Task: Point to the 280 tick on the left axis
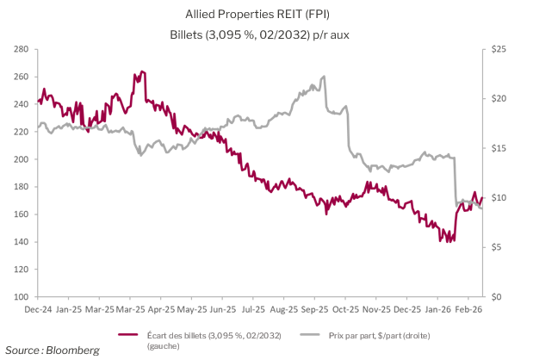[22, 49]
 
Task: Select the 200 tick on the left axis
[22, 159]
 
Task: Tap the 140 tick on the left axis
[22, 242]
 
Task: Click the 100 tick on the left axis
[22, 297]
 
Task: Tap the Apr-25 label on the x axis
[161, 307]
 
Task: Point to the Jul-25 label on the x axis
[253, 307]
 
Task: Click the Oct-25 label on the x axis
[345, 307]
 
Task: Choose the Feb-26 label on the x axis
[468, 307]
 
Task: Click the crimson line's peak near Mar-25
[142, 71]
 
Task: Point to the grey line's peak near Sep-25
[323, 77]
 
